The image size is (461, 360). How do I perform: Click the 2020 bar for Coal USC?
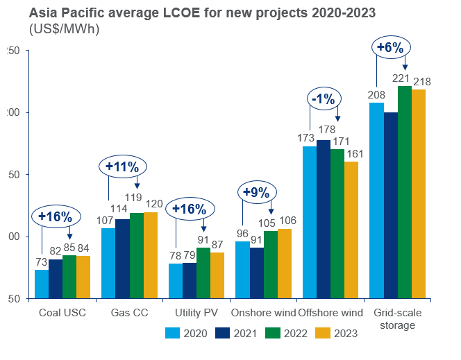tap(42, 284)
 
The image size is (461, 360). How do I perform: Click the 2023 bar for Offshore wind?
tap(352, 230)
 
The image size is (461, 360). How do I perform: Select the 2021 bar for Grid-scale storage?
tap(390, 205)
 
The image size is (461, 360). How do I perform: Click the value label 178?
tap(324, 130)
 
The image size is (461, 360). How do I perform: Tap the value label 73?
tap(42, 262)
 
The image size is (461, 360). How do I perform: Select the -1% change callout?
tap(324, 99)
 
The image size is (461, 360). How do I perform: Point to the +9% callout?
tap(258, 192)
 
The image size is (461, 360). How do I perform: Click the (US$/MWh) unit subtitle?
tap(65, 29)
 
